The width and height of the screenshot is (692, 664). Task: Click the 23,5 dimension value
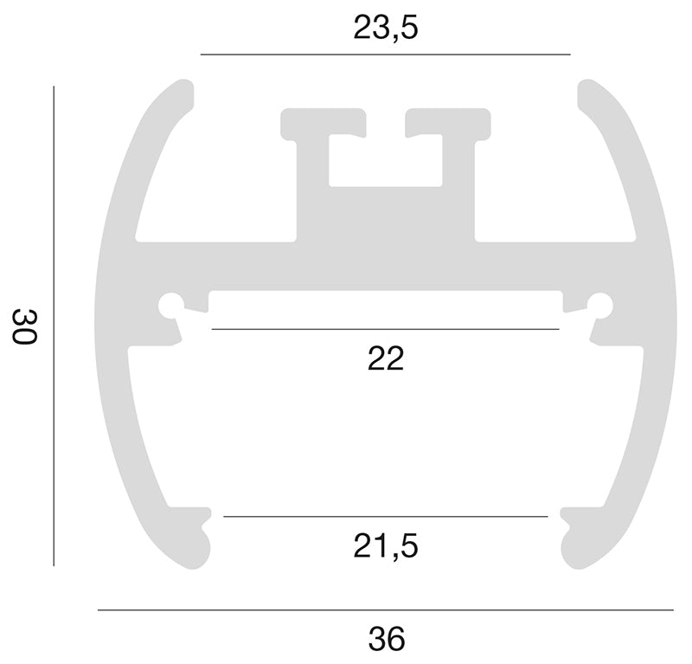(x=385, y=29)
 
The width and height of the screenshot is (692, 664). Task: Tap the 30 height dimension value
(x=25, y=326)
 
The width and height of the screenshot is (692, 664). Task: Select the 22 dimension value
(x=386, y=358)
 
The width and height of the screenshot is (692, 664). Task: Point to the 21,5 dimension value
(x=385, y=546)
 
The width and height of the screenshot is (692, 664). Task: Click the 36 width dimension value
(x=386, y=639)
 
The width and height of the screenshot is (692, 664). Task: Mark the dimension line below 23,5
(x=385, y=55)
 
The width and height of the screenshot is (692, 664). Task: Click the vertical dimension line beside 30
(x=54, y=326)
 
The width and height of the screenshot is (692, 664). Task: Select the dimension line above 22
(x=385, y=329)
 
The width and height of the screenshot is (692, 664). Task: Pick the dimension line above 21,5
(x=385, y=516)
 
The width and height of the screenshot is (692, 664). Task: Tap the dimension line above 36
(x=385, y=610)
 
